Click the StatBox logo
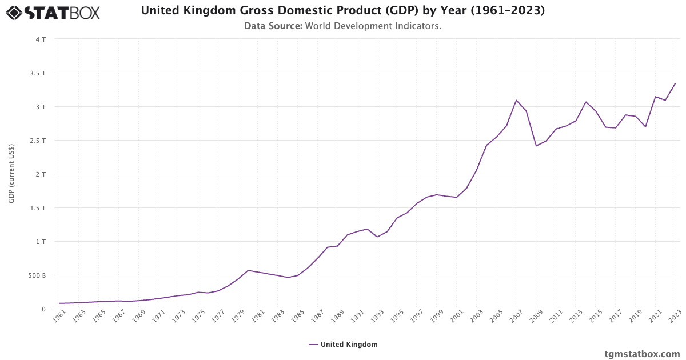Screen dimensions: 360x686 tap(53, 13)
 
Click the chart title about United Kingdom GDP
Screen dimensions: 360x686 tap(342, 11)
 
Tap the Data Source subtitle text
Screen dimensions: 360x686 tap(342, 26)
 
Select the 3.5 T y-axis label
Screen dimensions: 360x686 tap(38, 73)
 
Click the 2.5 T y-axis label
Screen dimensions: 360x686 tap(38, 141)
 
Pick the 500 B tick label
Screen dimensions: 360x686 tap(37, 275)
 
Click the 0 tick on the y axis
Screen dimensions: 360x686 tap(43, 309)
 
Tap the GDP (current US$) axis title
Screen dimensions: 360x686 tap(11, 174)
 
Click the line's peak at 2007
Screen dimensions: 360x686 tap(516, 100)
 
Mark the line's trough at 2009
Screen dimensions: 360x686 tap(536, 146)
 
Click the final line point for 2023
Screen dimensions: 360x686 tap(675, 83)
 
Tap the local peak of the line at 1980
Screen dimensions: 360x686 tap(248, 270)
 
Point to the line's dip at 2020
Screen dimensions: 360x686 tap(645, 126)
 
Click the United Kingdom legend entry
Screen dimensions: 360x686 tap(343, 345)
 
